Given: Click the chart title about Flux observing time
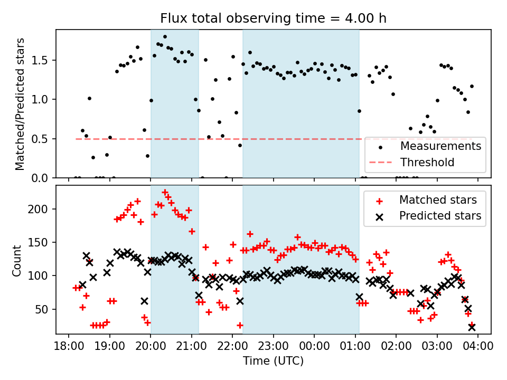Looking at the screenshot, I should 274,18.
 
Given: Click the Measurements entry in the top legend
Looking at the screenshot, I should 440,145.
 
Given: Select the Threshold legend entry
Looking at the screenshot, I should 427,162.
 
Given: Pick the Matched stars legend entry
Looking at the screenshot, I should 438,200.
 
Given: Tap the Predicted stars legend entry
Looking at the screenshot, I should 440,215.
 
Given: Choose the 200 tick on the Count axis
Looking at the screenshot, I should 43,209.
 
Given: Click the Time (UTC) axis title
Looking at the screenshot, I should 273,361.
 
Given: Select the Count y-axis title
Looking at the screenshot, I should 17,260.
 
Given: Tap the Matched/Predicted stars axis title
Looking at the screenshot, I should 20,104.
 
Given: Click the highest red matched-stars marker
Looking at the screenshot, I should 165,193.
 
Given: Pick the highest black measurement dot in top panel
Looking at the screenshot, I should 165,37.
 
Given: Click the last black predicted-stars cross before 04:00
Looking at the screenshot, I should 472,327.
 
